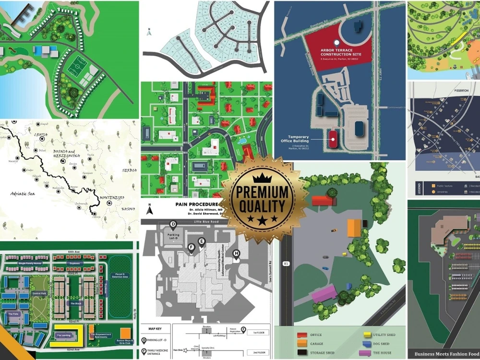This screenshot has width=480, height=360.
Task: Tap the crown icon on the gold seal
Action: [x=262, y=178]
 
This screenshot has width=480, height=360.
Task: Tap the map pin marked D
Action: [x=173, y=225]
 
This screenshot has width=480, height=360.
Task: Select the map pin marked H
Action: [x=236, y=254]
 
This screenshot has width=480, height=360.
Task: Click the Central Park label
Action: [x=39, y=292]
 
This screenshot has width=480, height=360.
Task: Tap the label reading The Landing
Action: [x=63, y=336]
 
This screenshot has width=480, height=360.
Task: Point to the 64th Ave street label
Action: [x=73, y=252]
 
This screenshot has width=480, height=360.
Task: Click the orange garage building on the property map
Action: [x=354, y=228]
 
